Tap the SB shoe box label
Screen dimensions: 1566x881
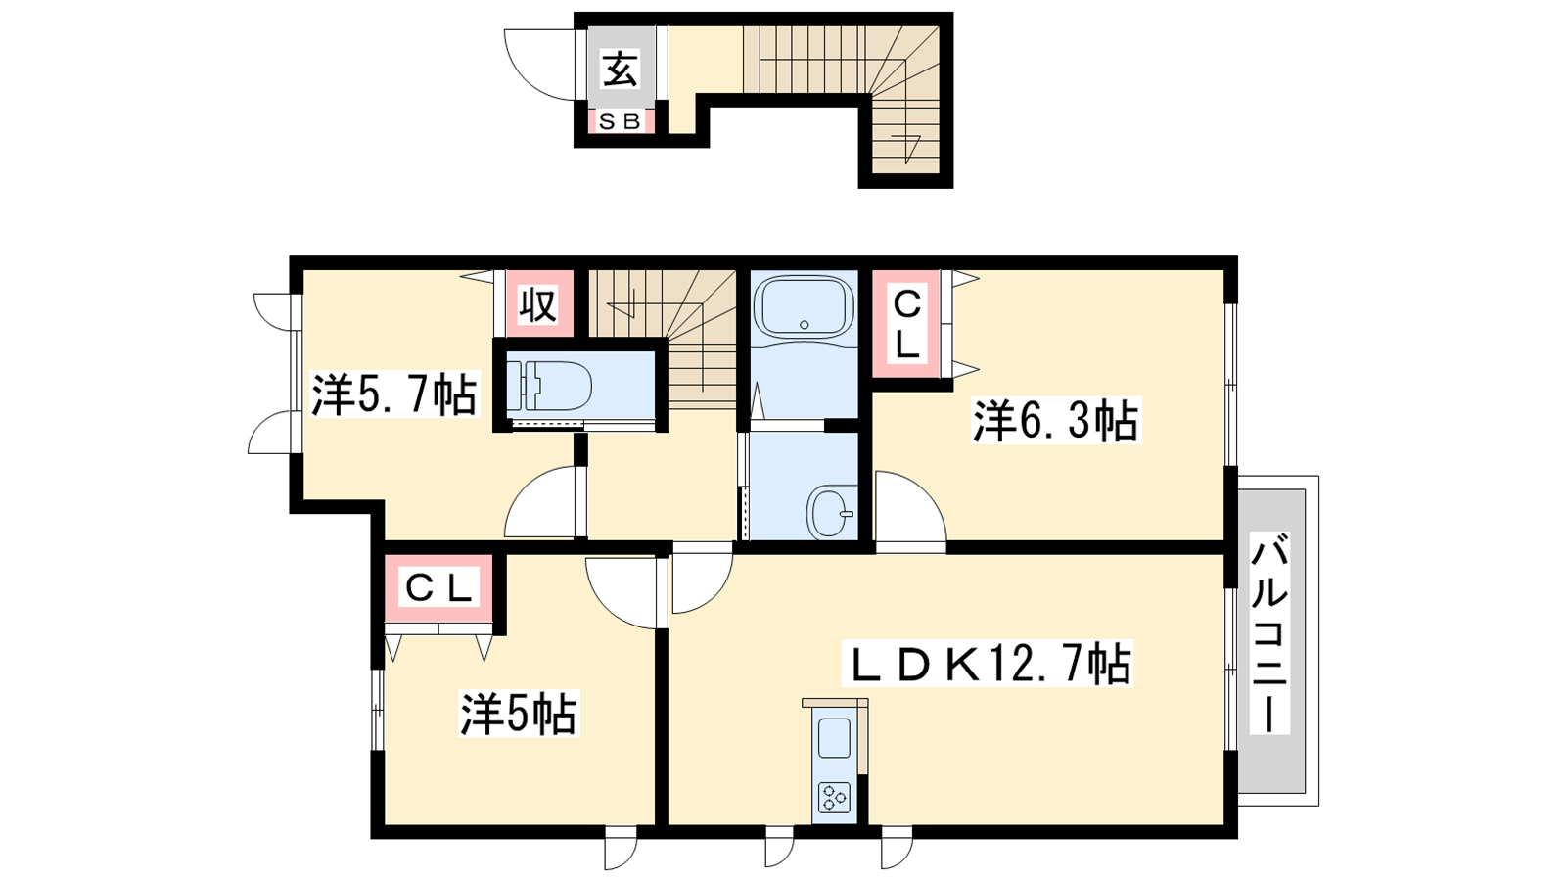(621, 121)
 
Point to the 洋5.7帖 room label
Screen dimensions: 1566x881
(394, 395)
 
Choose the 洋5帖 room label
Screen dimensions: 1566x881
(518, 714)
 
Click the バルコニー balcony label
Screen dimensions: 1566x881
(1269, 632)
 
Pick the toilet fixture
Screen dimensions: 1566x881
(549, 386)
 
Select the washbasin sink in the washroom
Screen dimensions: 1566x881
(832, 513)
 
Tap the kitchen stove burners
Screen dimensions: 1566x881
(835, 797)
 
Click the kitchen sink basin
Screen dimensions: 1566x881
(834, 738)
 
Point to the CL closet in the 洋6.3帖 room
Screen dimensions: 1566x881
(906, 324)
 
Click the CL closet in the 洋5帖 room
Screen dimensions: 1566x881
(439, 587)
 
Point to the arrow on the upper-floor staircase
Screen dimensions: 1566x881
(622, 306)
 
